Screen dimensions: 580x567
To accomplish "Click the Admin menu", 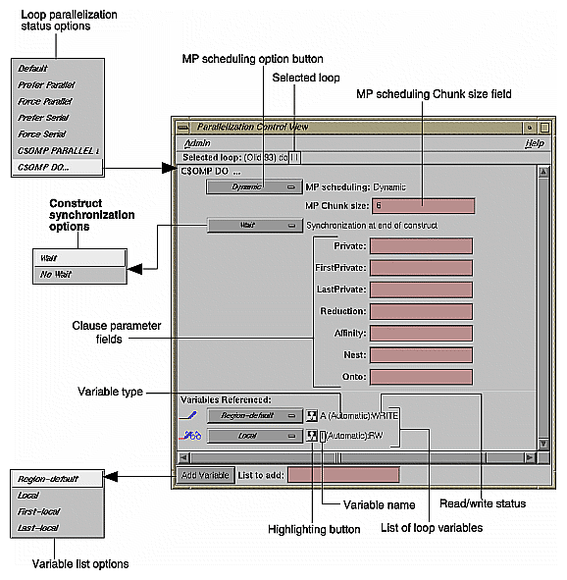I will coord(197,143).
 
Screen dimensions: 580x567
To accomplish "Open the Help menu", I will coord(534,143).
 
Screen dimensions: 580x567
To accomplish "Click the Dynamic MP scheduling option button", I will coord(254,186).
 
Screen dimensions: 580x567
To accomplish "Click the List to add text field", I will coord(343,475).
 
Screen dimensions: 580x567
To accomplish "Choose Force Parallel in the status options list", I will coord(46,101).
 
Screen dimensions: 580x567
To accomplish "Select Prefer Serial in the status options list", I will coord(45,118).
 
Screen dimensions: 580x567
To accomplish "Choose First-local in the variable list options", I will coord(41,512).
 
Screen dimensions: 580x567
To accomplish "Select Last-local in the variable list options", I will coord(40,528).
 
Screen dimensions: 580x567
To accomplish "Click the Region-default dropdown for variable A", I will coord(253,415).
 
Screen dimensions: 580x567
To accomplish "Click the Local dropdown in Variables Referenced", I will coord(253,435).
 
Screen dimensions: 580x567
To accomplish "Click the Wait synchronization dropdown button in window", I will coord(254,225).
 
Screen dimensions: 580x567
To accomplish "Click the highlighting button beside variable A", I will coord(312,415).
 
